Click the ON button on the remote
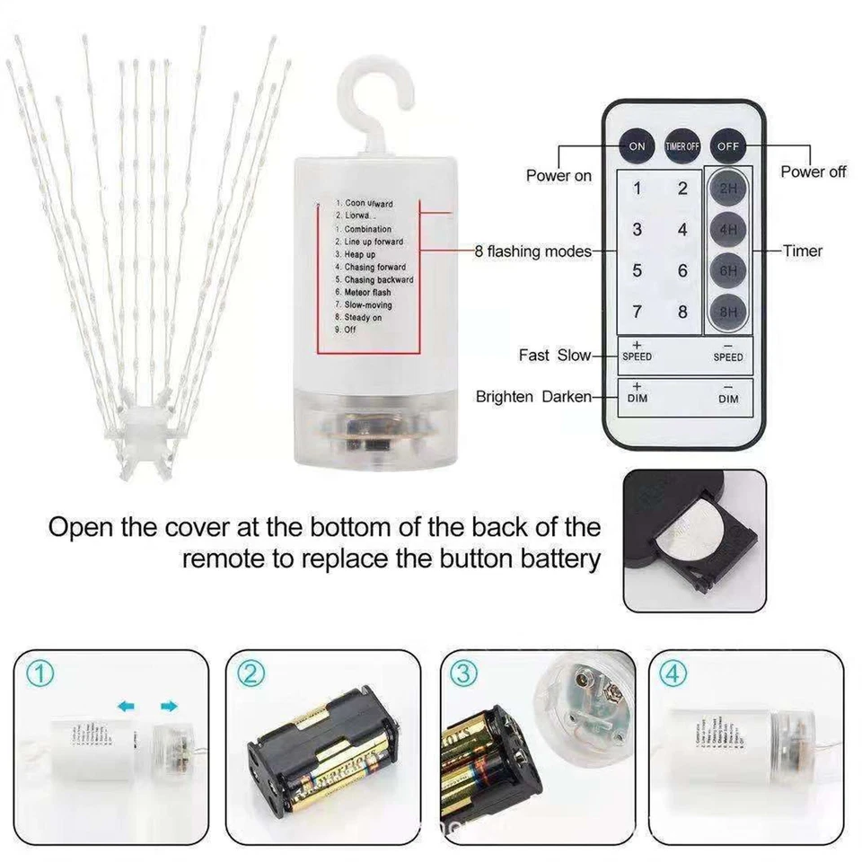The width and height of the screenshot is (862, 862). (x=637, y=145)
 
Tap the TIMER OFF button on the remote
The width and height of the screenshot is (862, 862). (x=682, y=145)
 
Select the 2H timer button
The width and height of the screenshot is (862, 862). (x=728, y=189)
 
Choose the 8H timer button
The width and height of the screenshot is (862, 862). (x=728, y=312)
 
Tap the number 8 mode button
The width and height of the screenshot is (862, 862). (x=682, y=312)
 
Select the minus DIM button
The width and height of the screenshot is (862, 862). (x=728, y=393)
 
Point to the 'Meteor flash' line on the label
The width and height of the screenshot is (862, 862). (x=367, y=293)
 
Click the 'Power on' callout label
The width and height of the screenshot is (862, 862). (x=559, y=176)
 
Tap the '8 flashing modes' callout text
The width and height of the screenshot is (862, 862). (x=532, y=251)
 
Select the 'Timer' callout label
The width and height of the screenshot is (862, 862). (x=802, y=251)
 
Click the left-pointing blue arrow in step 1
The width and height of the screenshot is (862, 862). (x=127, y=708)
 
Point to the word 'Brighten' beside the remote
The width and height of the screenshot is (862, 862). (x=504, y=396)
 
